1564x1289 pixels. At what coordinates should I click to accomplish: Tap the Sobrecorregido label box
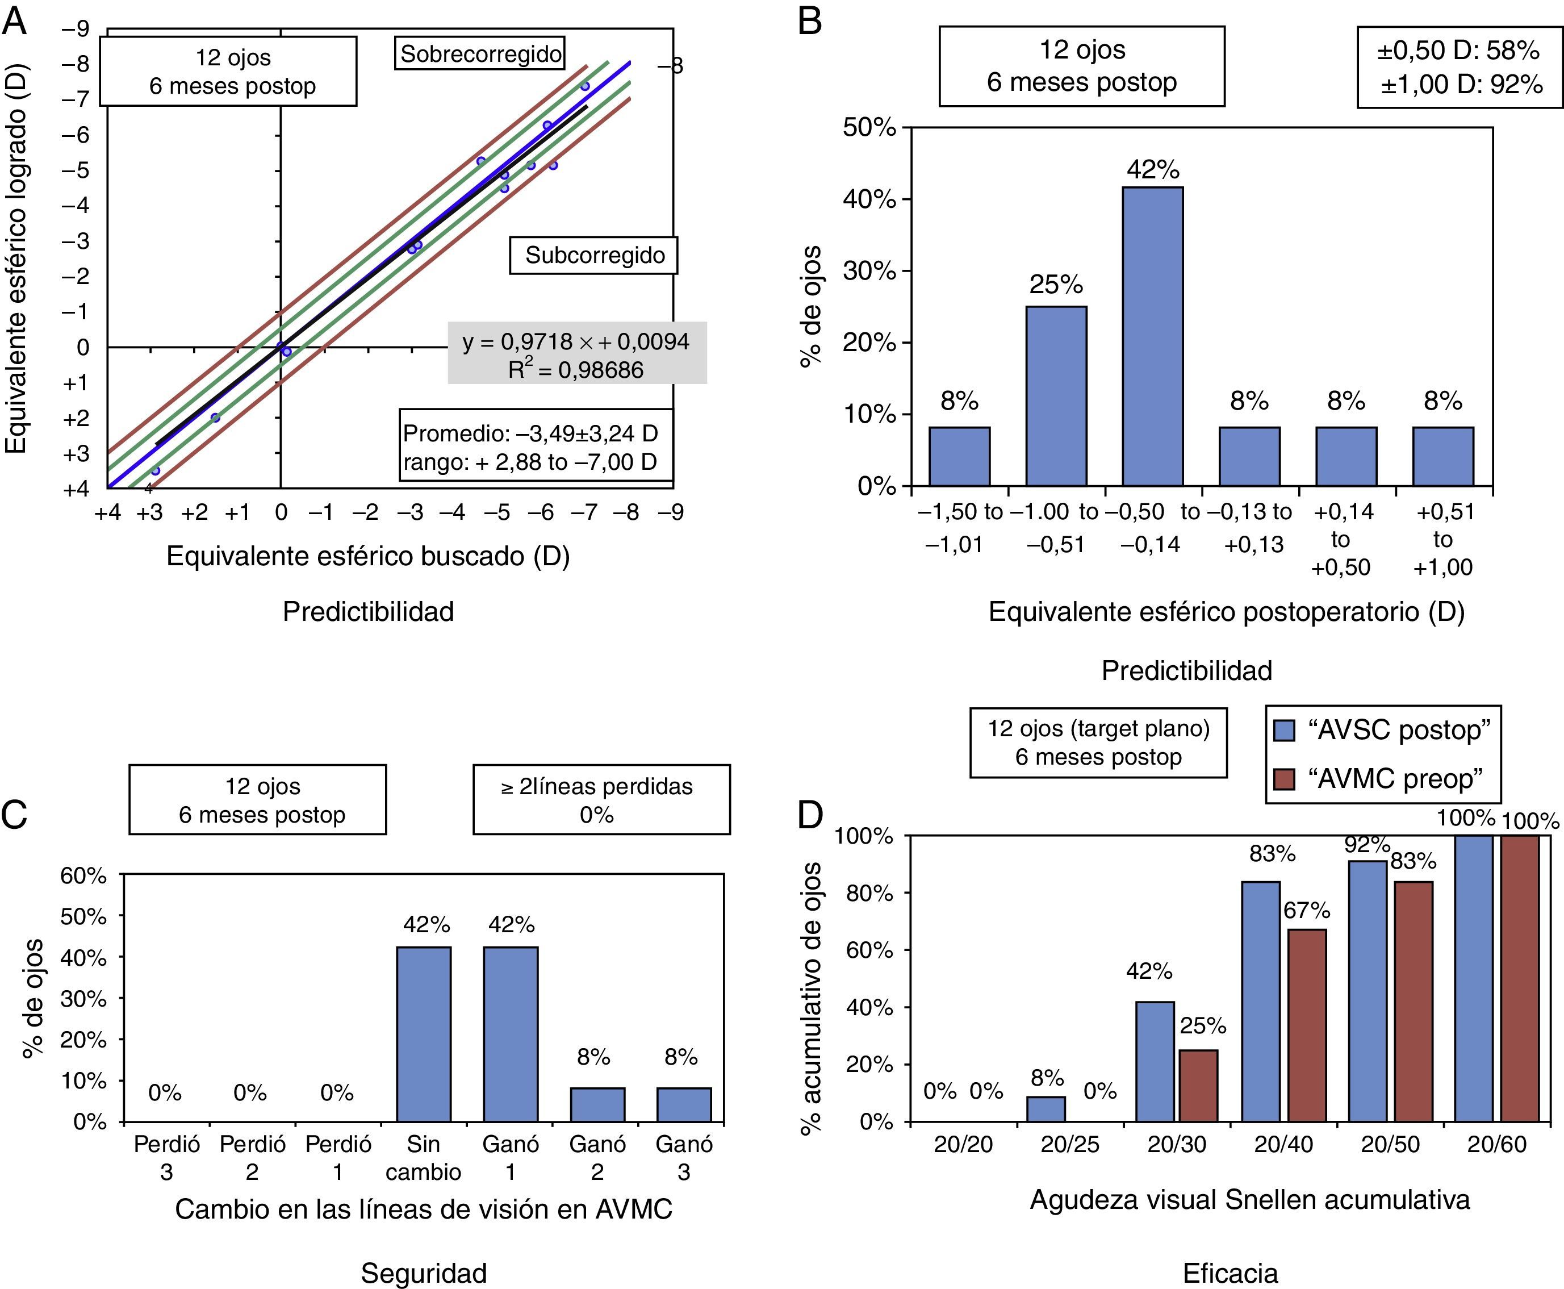(x=479, y=53)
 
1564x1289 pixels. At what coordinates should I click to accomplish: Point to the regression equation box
(x=577, y=353)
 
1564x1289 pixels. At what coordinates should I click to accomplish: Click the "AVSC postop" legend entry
(x=1381, y=731)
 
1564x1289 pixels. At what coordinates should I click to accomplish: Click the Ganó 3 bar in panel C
(x=684, y=1104)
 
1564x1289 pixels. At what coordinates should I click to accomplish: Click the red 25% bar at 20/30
(x=1198, y=1085)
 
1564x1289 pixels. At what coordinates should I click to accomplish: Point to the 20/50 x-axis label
(x=1390, y=1144)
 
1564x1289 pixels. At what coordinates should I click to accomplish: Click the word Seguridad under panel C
(x=423, y=1273)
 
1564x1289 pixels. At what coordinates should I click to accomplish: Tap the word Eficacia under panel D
(x=1230, y=1273)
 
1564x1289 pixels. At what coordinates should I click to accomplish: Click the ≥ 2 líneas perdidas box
(x=601, y=800)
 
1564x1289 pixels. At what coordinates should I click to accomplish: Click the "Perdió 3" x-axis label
(x=166, y=1158)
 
